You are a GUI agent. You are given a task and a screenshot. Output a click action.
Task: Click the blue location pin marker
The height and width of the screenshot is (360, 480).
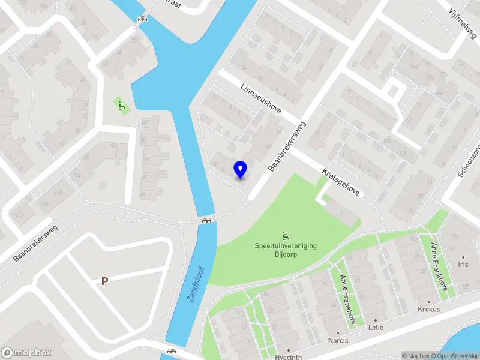(241, 170)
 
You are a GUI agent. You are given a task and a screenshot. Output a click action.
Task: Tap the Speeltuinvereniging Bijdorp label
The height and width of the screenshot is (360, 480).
(286, 250)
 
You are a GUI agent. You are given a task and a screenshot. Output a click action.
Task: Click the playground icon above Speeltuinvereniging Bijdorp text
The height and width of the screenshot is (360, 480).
(285, 235)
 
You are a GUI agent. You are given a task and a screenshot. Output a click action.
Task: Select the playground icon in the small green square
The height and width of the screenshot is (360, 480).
(122, 107)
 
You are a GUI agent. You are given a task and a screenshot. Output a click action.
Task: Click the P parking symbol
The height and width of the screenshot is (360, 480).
(104, 280)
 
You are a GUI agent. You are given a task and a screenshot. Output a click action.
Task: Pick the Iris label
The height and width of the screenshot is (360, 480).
(463, 265)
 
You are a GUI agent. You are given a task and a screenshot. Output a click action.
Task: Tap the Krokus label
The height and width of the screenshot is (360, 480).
(429, 310)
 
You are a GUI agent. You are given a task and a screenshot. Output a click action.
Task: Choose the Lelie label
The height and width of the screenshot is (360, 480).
(376, 328)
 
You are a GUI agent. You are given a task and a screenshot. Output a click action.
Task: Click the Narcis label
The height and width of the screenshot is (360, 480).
(337, 341)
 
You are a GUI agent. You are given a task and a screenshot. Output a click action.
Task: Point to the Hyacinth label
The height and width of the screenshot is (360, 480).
(287, 355)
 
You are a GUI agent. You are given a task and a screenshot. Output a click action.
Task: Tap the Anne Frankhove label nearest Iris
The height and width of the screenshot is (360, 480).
(439, 267)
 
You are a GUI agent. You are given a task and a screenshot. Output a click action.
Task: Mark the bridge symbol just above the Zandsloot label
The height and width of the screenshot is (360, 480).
(207, 220)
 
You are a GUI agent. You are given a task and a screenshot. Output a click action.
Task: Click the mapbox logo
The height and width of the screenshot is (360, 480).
(26, 353)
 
